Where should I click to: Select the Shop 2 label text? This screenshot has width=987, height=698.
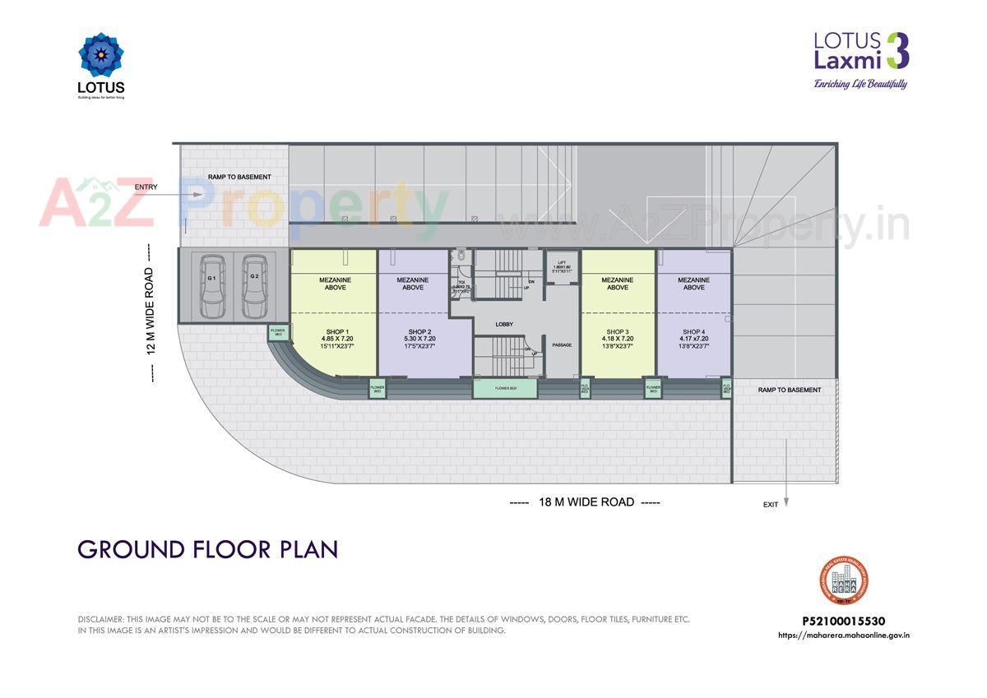(419, 331)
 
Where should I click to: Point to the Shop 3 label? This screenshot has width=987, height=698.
(617, 331)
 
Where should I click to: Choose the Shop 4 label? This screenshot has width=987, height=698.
(693, 331)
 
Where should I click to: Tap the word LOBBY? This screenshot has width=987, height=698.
(504, 324)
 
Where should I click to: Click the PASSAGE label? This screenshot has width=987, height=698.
(562, 344)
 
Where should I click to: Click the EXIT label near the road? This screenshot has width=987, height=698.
(770, 505)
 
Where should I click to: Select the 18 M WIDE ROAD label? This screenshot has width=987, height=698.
(585, 502)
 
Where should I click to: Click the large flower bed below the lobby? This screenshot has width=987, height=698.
(506, 388)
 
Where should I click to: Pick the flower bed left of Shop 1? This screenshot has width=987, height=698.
(277, 333)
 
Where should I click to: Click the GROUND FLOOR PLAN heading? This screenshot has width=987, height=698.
(208, 549)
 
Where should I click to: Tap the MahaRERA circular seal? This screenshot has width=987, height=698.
(844, 581)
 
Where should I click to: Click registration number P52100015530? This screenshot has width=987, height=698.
(843, 622)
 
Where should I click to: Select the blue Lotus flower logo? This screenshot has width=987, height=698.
(100, 56)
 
